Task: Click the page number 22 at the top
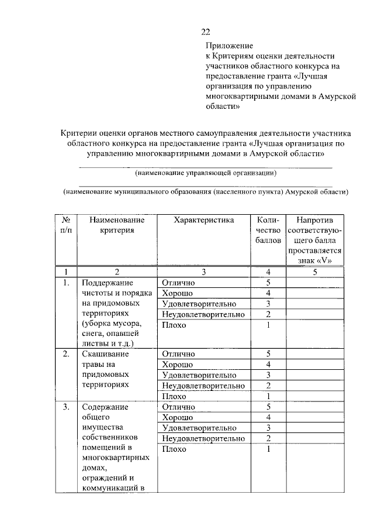click(x=205, y=32)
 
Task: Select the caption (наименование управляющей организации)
click(x=205, y=173)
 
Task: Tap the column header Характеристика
click(x=204, y=220)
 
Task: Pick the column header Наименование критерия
click(x=117, y=225)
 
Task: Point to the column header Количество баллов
click(x=268, y=230)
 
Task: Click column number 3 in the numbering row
click(x=204, y=272)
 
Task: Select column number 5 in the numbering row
click(x=314, y=272)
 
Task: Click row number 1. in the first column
click(x=67, y=283)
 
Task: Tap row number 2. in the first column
click(x=67, y=353)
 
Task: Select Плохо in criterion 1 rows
click(x=174, y=325)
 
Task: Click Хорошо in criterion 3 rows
click(x=178, y=417)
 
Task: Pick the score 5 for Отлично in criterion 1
click(x=268, y=283)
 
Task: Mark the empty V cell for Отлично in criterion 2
click(x=314, y=353)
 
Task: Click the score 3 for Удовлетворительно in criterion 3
click(x=268, y=428)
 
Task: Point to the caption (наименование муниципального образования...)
click(x=206, y=191)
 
